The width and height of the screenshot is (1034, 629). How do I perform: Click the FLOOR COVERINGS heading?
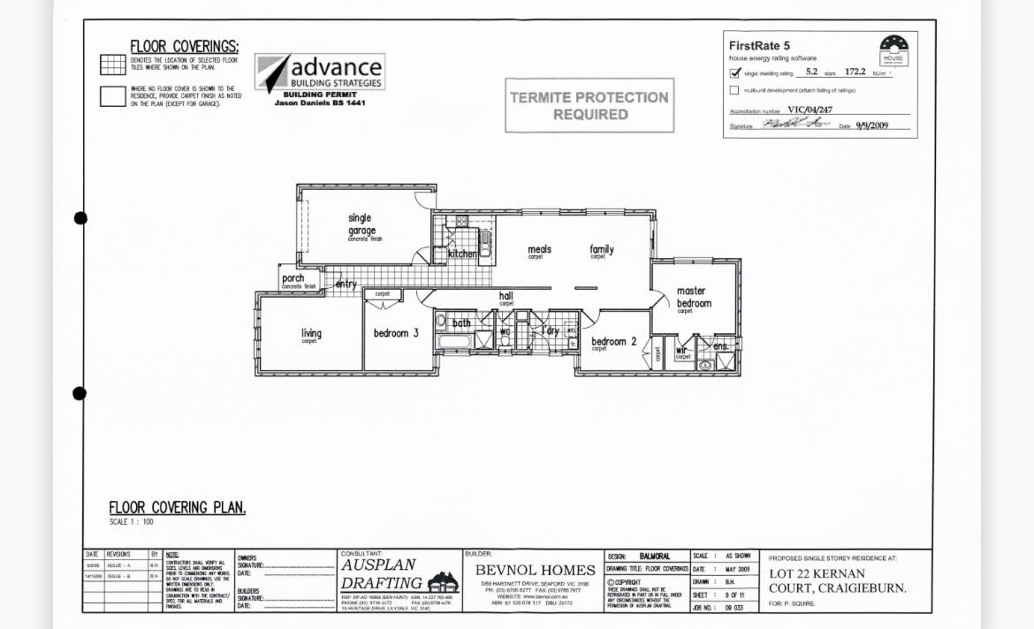point(184,47)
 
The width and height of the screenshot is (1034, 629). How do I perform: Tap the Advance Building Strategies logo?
point(320,73)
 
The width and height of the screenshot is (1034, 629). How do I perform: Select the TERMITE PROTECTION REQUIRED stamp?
point(589,106)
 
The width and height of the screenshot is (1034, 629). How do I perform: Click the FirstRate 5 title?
point(760,45)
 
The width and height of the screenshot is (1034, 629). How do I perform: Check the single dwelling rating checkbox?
point(734,72)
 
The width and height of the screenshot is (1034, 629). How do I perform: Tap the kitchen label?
point(462,254)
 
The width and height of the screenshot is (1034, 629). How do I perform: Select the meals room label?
point(539,250)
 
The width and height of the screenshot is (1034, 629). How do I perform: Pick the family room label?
point(602,250)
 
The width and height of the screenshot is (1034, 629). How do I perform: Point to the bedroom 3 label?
point(390,333)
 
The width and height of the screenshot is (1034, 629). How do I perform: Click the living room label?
point(311,333)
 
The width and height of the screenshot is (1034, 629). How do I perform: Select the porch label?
point(293,278)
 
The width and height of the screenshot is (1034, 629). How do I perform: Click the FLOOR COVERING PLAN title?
point(177,508)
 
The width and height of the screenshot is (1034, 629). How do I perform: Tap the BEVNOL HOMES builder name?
point(535,571)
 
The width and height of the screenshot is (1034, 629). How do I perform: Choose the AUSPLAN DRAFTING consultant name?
point(382,574)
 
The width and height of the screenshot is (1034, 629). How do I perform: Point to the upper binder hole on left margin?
point(80,218)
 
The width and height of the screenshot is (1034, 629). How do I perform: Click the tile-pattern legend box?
point(112,64)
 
